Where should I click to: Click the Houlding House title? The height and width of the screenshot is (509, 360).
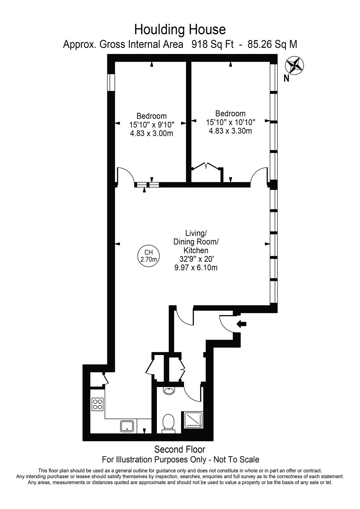click(x=180, y=30)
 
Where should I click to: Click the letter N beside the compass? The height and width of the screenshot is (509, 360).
click(x=286, y=79)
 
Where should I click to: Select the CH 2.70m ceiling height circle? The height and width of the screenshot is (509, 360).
click(x=149, y=256)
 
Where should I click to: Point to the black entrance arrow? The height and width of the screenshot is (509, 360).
click(x=241, y=324)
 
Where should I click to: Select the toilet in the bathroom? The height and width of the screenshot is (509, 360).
click(x=168, y=423)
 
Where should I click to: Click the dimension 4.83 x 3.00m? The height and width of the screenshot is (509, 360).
click(x=152, y=134)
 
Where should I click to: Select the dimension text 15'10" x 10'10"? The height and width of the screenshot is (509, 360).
click(x=230, y=122)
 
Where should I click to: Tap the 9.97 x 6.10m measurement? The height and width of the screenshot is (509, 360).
click(x=196, y=268)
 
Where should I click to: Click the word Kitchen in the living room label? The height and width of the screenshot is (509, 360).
click(x=196, y=250)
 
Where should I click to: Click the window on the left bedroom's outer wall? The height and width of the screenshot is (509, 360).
click(x=111, y=82)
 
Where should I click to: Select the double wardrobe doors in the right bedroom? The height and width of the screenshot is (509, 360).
click(x=206, y=166)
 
